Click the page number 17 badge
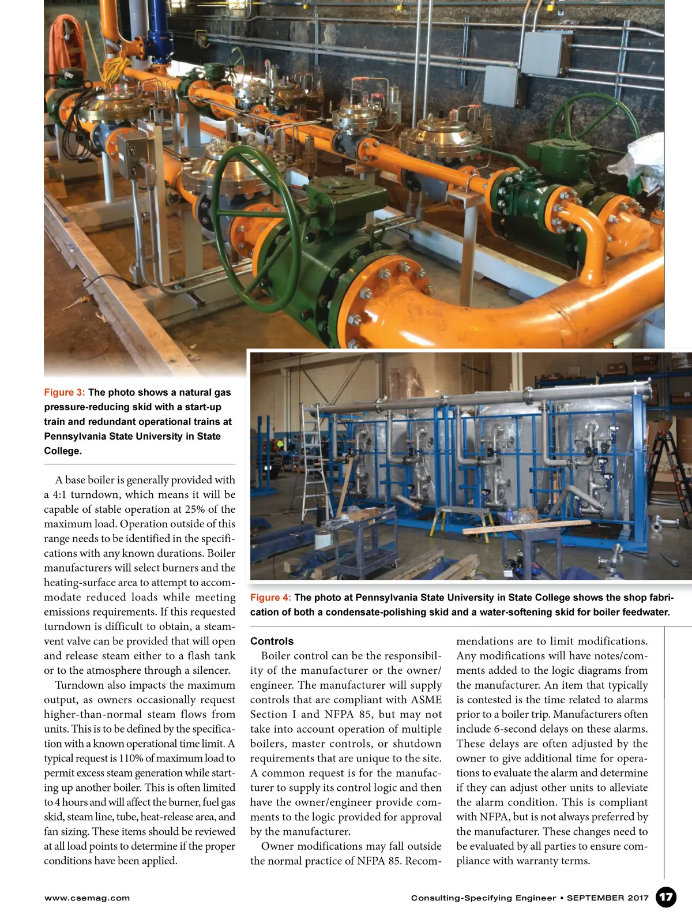click(666, 897)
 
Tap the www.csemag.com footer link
click(87, 898)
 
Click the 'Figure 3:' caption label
click(64, 392)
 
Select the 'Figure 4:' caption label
click(270, 598)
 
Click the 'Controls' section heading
click(272, 641)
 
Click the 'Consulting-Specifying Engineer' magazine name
click(483, 898)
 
